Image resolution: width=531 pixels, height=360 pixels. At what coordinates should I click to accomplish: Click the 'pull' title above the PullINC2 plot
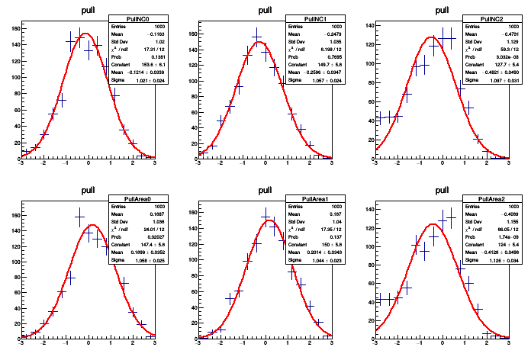coord(441,11)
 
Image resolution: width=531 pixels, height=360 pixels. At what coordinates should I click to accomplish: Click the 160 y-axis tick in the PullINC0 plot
coord(15,29)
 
